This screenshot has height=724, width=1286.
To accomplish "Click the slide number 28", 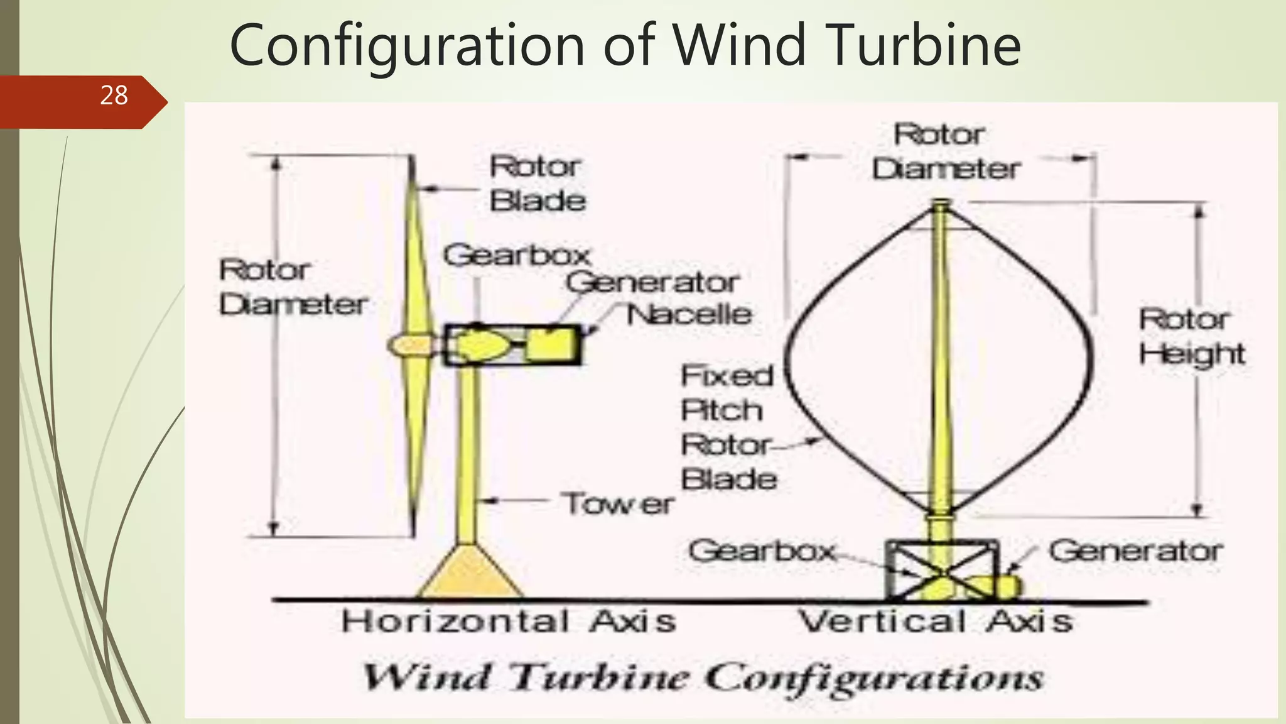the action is click(x=114, y=96).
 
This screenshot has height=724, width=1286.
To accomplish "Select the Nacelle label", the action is click(x=689, y=314).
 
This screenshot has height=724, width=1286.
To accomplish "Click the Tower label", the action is click(x=618, y=503).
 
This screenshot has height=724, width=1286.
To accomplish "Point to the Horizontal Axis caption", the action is click(x=509, y=622).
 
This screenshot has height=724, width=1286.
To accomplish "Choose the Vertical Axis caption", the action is click(x=935, y=622).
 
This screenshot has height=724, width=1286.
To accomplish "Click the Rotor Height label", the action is click(x=1191, y=337).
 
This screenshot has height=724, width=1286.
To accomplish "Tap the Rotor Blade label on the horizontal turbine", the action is click(x=537, y=184).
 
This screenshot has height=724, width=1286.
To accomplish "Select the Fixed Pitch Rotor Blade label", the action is click(x=728, y=427).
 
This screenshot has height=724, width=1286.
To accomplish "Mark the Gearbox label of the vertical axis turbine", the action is click(x=762, y=551).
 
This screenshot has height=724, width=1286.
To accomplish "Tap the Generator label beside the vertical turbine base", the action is click(x=1135, y=551).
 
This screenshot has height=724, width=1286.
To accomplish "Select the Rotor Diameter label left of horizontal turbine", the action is click(x=293, y=287).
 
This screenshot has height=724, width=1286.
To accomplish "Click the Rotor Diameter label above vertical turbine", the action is click(x=945, y=151).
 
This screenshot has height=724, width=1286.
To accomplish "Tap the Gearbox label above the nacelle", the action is click(x=517, y=255).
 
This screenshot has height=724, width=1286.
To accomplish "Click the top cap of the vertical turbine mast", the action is click(x=940, y=203).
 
